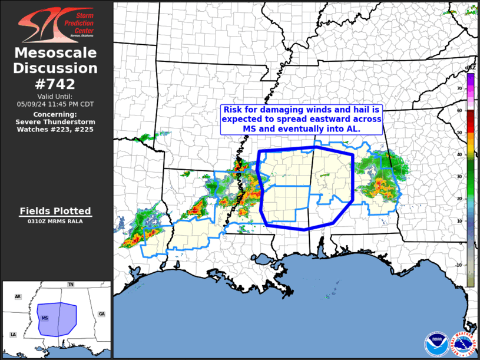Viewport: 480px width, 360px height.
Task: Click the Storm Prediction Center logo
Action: pyautogui.click(x=56, y=24)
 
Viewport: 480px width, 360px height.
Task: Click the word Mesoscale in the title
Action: pyautogui.click(x=55, y=53)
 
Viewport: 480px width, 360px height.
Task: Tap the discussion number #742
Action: pyautogui.click(x=55, y=84)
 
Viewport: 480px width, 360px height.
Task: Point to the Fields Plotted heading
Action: pyautogui.click(x=55, y=211)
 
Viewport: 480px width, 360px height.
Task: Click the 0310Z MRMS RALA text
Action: pyautogui.click(x=55, y=222)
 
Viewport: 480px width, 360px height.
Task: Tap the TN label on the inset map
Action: pyautogui.click(x=71, y=285)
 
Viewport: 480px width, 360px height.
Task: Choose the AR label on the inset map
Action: pyautogui.click(x=18, y=296)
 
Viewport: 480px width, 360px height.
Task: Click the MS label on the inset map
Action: pyautogui.click(x=45, y=318)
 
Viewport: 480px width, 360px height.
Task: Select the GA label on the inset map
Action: pyautogui.click(x=102, y=314)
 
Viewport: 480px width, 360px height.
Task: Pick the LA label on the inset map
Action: pyautogui.click(x=13, y=335)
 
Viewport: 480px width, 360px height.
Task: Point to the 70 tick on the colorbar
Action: pyautogui.click(x=459, y=88)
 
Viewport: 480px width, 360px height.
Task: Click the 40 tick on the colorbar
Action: pyautogui.click(x=459, y=155)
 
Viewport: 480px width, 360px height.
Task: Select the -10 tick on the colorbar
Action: pyautogui.click(x=459, y=265)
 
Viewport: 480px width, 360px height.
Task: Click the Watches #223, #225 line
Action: pyautogui.click(x=55, y=129)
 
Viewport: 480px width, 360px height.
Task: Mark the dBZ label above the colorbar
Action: pyautogui.click(x=470, y=68)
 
